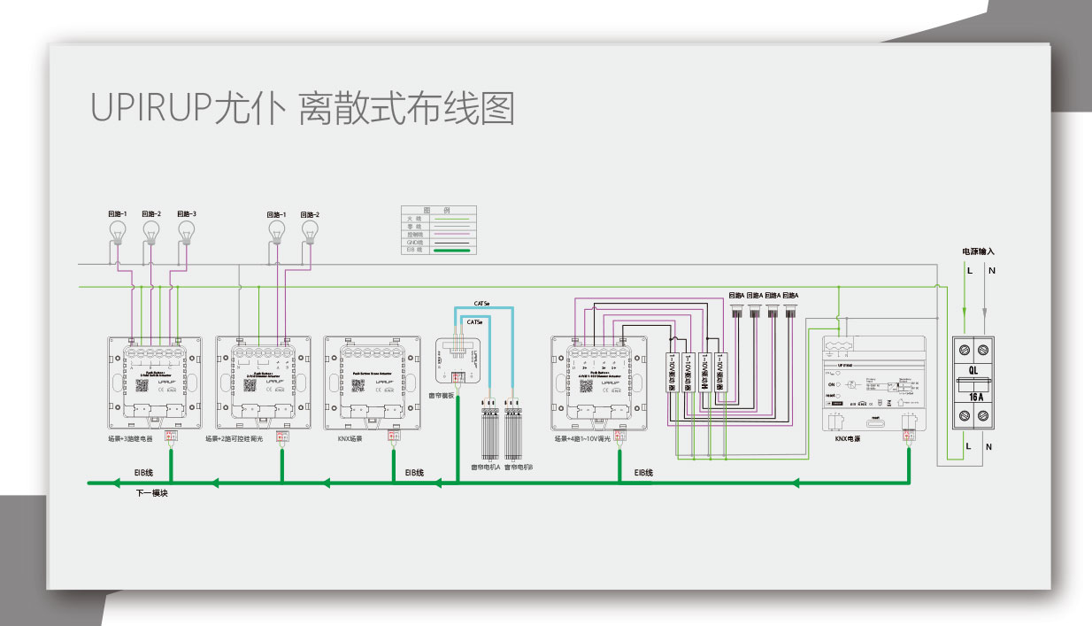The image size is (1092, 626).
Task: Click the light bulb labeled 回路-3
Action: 186,231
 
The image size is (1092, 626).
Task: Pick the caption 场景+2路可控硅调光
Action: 236,438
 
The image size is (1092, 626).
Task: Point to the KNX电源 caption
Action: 848,438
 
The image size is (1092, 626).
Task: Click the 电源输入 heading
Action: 978,251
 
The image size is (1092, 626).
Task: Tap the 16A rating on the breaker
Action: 977,397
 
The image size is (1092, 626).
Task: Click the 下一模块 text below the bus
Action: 151,492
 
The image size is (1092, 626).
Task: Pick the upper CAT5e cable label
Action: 482,302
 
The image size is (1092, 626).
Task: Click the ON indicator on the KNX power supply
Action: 832,385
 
